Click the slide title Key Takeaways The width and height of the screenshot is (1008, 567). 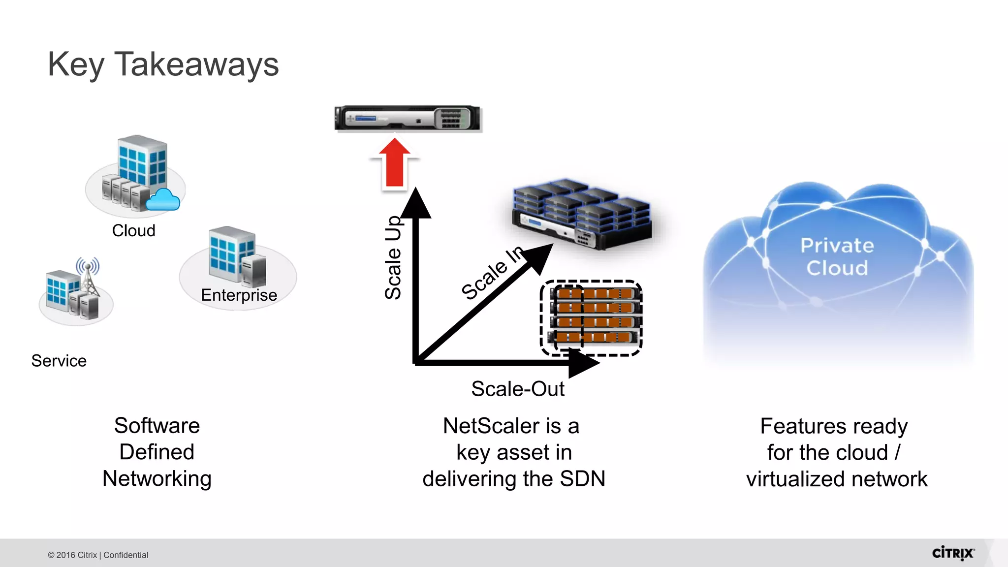click(x=163, y=64)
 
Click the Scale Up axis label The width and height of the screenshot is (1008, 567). click(x=393, y=257)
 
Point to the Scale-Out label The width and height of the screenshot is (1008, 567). click(x=517, y=389)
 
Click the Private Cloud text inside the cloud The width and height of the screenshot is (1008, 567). click(x=837, y=256)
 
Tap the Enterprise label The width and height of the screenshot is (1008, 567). click(x=239, y=295)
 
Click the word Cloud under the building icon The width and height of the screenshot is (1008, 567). click(x=133, y=230)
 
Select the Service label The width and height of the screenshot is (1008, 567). click(x=59, y=361)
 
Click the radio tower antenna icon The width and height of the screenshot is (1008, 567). click(x=88, y=276)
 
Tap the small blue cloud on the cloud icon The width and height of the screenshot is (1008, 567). click(x=163, y=200)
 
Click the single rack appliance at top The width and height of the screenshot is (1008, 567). click(x=407, y=119)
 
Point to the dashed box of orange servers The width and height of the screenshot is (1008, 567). click(x=591, y=317)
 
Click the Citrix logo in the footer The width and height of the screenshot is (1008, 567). click(x=952, y=553)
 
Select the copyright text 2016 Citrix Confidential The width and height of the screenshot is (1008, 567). click(x=98, y=555)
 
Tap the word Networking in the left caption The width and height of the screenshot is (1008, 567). click(x=157, y=478)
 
